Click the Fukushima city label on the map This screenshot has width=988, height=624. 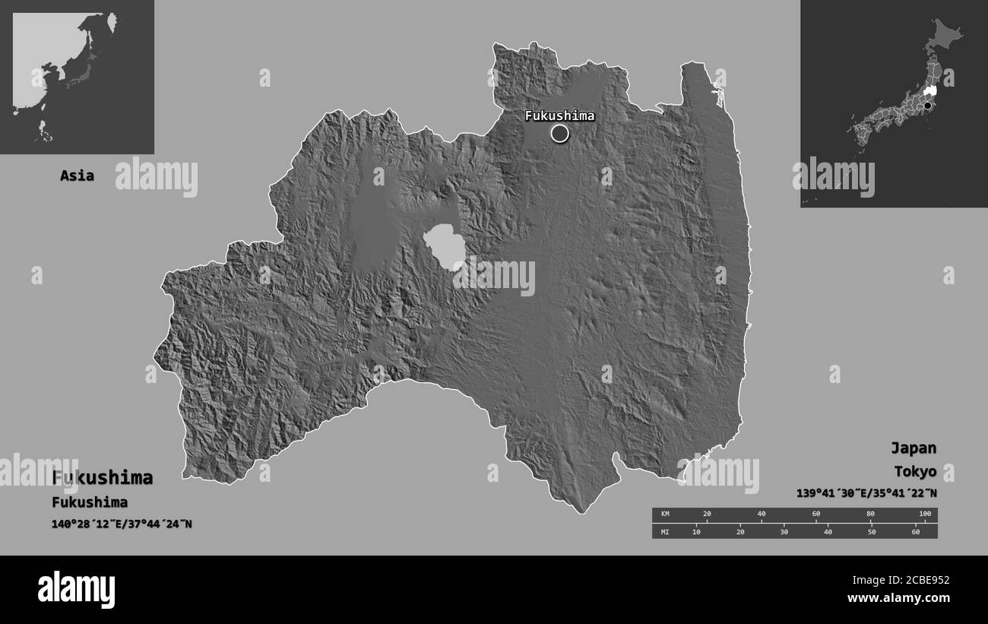tap(559, 116)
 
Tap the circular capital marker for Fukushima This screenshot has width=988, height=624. tap(560, 134)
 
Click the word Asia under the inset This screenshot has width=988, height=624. tap(78, 176)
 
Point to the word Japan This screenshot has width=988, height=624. tap(914, 448)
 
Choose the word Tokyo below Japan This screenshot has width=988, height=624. tap(914, 471)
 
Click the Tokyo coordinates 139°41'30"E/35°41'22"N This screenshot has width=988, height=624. tap(866, 493)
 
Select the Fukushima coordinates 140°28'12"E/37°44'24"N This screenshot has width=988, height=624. tap(122, 524)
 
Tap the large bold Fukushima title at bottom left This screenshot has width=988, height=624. tap(103, 478)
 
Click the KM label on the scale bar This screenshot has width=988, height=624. tap(665, 515)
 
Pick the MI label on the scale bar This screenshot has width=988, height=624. tap(665, 531)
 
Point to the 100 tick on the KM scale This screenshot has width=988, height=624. tap(924, 515)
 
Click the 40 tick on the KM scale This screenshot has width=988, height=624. tap(762, 515)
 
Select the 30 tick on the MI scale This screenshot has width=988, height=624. tap(784, 531)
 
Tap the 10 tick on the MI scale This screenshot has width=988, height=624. tap(696, 531)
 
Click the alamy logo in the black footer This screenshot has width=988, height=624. tap(76, 589)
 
